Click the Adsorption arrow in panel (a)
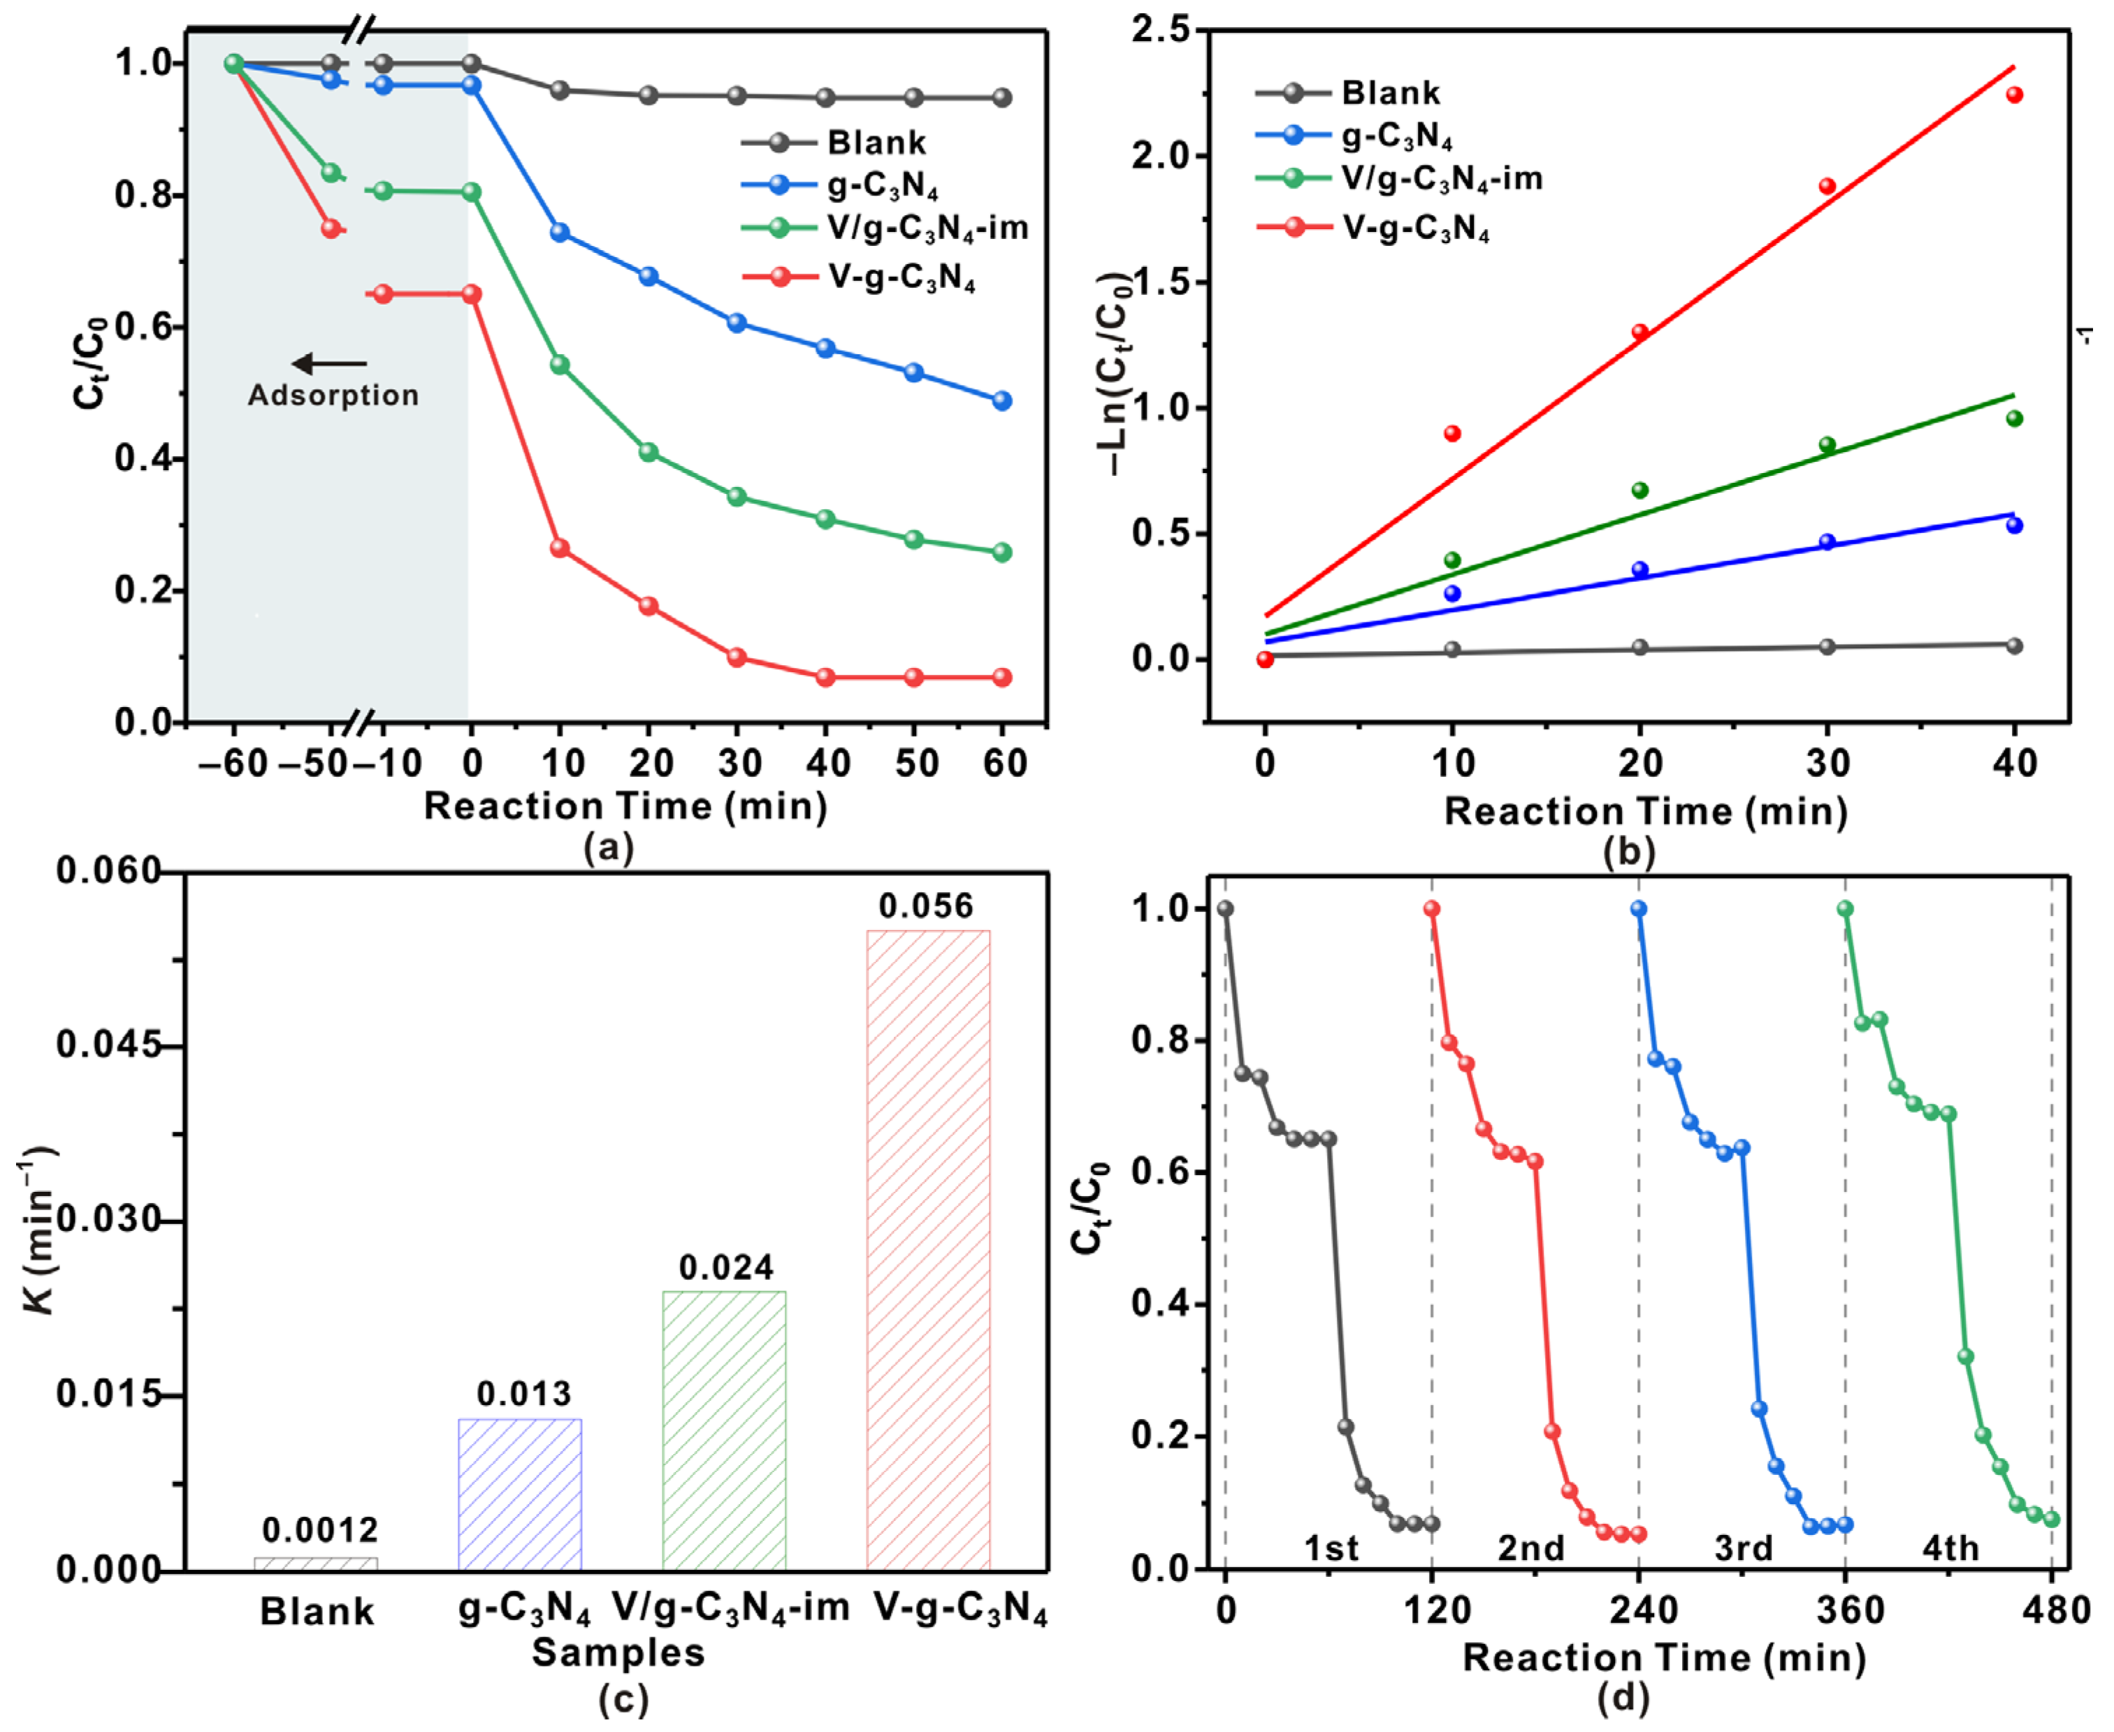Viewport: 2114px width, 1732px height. (x=329, y=364)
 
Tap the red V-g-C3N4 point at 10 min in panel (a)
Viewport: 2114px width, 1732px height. (x=560, y=548)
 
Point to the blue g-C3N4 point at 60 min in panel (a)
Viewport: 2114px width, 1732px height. (x=1002, y=401)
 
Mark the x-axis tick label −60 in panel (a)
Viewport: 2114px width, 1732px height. (x=233, y=763)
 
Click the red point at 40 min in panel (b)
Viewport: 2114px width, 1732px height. (x=2014, y=95)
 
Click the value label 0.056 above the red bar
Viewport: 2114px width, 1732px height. (x=925, y=906)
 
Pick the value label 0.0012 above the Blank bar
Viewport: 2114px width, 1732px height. (x=320, y=1529)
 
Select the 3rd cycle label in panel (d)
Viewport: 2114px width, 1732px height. (x=1744, y=1548)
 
